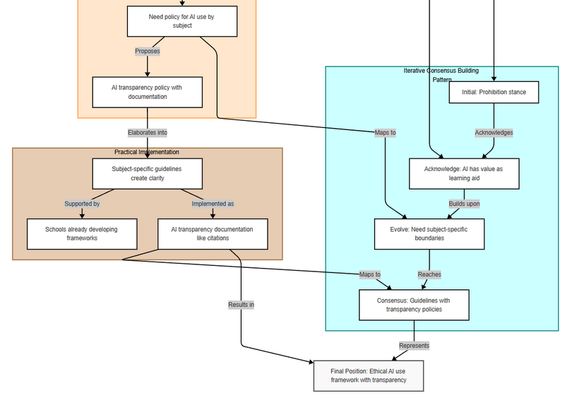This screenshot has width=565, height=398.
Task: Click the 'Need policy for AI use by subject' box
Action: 182,21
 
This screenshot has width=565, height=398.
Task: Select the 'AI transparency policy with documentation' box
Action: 148,92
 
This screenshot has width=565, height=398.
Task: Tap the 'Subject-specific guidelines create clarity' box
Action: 148,174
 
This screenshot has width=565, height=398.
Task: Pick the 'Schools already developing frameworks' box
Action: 82,234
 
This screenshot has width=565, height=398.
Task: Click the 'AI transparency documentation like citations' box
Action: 213,234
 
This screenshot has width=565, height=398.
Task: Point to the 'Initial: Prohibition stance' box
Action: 494,93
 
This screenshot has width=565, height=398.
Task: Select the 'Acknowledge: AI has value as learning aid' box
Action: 464,174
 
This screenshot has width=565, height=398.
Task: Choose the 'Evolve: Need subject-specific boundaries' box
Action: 429,234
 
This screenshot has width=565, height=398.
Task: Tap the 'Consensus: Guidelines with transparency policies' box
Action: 414,305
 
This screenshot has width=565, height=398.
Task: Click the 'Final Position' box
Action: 369,375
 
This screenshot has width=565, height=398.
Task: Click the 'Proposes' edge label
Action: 148,51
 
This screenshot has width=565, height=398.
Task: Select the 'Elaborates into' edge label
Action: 148,133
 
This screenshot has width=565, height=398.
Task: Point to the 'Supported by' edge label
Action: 82,204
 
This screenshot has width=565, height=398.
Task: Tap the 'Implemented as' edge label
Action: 213,204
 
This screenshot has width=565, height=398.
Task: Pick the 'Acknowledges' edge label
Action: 494,133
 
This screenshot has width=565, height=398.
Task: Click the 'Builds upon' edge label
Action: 464,204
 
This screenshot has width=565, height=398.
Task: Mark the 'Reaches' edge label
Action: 429,274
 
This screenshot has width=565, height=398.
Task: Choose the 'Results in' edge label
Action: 241,305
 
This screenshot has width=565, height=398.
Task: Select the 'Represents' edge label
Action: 414,346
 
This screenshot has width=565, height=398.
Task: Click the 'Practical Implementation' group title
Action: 147,152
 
